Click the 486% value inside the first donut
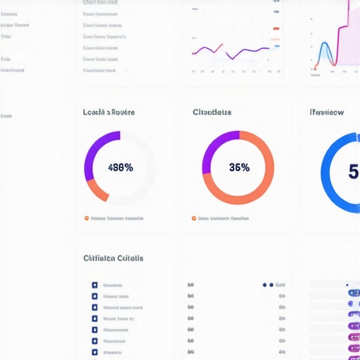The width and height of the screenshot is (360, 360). (x=120, y=168)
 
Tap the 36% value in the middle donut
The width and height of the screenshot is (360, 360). (x=239, y=168)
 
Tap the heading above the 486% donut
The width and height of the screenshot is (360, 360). (x=109, y=112)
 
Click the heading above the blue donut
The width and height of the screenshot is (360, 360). (x=327, y=112)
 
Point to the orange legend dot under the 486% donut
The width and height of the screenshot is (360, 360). (x=86, y=218)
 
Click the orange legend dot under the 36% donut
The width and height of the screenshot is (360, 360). (x=194, y=218)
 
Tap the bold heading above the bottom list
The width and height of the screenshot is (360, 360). (x=113, y=258)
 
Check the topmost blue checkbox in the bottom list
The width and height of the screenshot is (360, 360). (x=94, y=285)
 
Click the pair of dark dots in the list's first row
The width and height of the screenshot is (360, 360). (x=268, y=285)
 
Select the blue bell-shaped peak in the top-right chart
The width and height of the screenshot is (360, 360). (x=326, y=52)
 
